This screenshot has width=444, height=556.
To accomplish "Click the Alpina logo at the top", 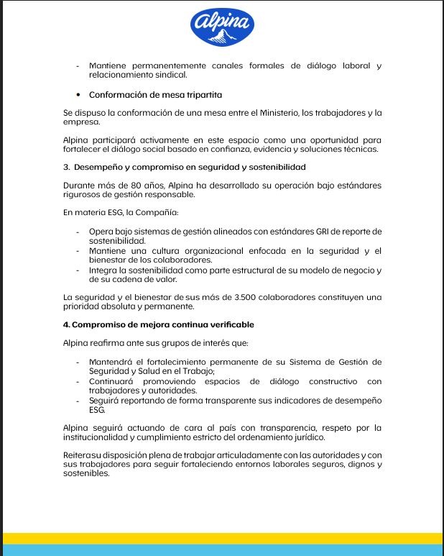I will click(222, 27).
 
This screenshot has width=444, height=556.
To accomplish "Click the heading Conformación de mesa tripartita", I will click(155, 95).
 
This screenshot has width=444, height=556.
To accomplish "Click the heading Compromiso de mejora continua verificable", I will click(158, 325).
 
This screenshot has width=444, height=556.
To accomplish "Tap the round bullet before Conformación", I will click(78, 95).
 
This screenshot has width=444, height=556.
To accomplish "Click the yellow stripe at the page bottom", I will click(222, 539).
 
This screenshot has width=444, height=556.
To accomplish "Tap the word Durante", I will click(79, 186).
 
